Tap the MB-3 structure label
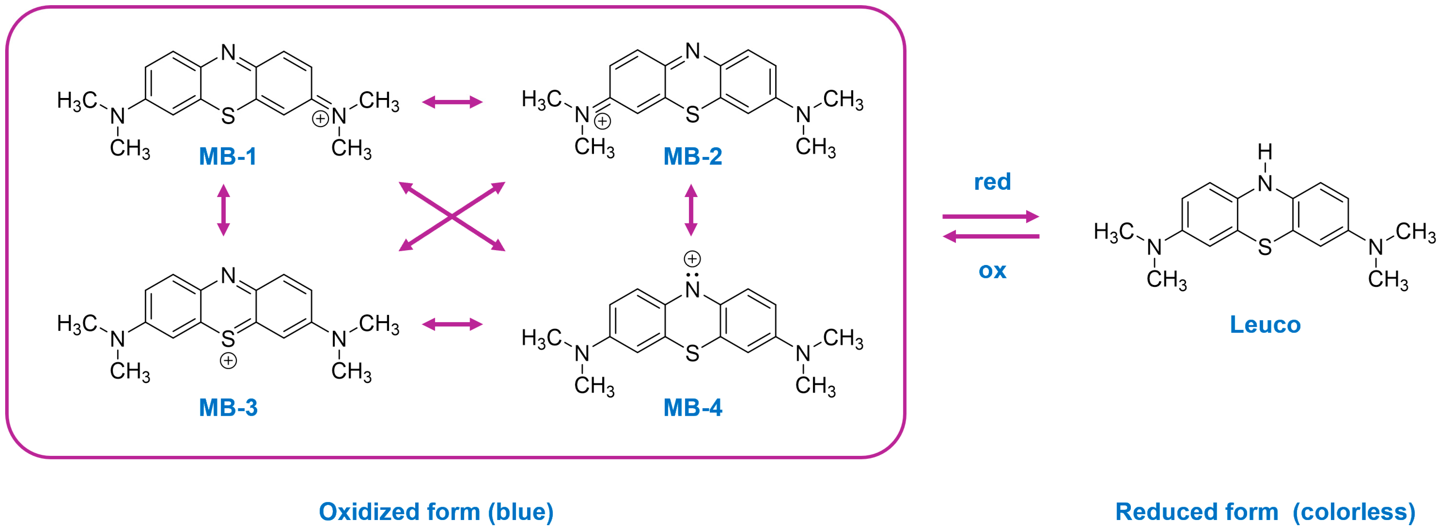pyautogui.click(x=228, y=407)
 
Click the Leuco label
pyautogui.click(x=1265, y=325)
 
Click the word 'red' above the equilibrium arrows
pyautogui.click(x=992, y=182)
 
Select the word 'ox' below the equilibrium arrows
pyautogui.click(x=992, y=271)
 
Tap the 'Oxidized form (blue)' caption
pyautogui.click(x=436, y=512)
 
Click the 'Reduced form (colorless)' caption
pyautogui.click(x=1265, y=512)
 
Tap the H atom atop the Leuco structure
pyautogui.click(x=1265, y=152)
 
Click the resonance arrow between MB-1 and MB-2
pyautogui.click(x=452, y=102)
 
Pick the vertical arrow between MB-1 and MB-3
pyautogui.click(x=223, y=210)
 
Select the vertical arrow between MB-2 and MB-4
pyautogui.click(x=691, y=210)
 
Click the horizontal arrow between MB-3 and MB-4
pyautogui.click(x=452, y=324)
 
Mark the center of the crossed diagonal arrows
pyautogui.click(x=452, y=216)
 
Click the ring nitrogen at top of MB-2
pyautogui.click(x=693, y=51)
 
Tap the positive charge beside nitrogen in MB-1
pyautogui.click(x=320, y=119)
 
